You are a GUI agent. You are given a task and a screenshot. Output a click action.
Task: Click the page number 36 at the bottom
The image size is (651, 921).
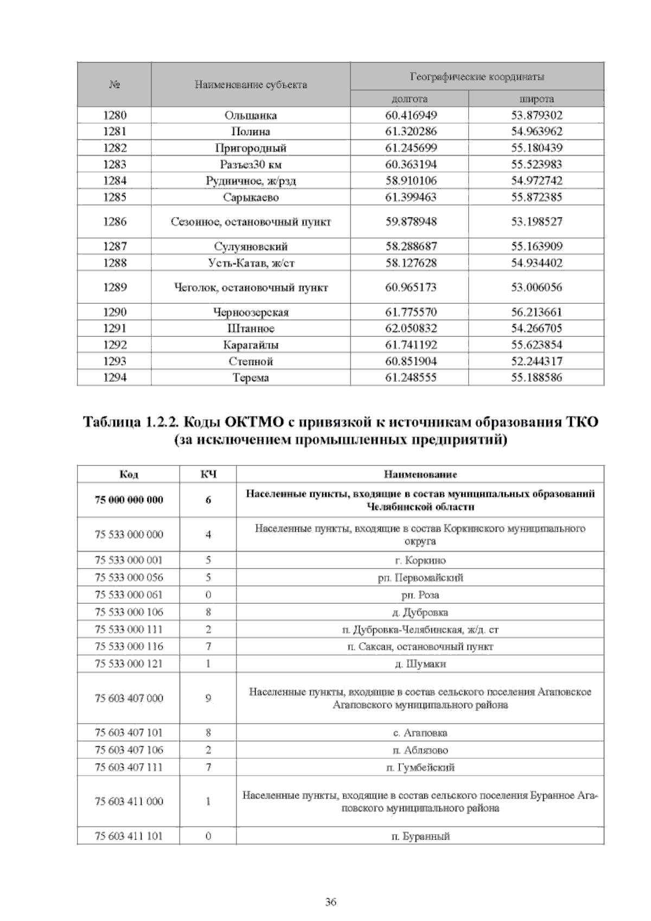[330, 902]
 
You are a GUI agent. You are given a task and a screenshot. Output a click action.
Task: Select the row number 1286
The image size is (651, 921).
[114, 222]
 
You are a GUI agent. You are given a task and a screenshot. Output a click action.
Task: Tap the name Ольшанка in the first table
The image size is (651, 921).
[251, 116]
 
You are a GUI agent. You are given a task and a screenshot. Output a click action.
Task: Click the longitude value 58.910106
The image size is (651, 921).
[411, 181]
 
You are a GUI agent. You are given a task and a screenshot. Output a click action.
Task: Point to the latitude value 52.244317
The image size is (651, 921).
[537, 361]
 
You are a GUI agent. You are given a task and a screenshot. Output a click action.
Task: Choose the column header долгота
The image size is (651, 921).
[410, 99]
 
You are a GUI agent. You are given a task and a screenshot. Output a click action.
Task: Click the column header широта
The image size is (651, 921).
[537, 99]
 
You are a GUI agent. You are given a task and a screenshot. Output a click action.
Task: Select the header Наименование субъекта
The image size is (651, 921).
[251, 85]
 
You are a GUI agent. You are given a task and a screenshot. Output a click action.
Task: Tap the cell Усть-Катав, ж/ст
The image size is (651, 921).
[251, 263]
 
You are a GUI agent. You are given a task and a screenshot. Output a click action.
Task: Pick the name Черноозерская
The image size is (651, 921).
[251, 312]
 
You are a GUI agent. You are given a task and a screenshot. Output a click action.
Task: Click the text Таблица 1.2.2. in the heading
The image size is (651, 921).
[130, 422]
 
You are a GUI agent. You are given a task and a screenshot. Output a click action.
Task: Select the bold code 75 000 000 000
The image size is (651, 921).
[129, 500]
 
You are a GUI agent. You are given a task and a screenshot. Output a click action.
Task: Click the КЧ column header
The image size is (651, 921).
[208, 475]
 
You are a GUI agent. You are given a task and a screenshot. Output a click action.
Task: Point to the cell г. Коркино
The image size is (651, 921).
[420, 561]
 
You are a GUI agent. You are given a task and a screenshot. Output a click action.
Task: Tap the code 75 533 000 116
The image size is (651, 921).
[129, 647]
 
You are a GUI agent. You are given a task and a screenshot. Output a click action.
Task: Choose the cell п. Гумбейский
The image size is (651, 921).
[420, 767]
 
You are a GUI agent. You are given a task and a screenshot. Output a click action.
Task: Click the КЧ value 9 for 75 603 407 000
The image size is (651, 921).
[208, 699]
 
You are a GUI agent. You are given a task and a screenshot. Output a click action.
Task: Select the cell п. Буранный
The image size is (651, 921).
[420, 836]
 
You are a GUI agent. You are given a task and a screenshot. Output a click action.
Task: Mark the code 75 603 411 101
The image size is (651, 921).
[129, 836]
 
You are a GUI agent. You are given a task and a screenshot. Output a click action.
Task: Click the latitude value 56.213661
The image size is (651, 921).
[537, 312]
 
